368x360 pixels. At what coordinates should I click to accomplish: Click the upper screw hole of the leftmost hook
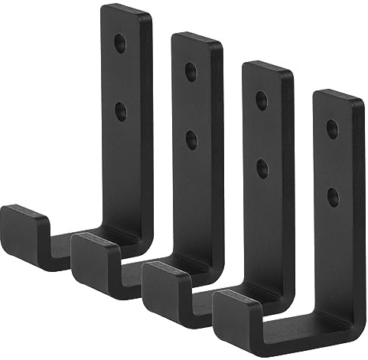(120, 41)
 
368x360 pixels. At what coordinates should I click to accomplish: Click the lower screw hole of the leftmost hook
(120, 111)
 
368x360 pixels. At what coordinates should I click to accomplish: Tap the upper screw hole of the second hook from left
(191, 70)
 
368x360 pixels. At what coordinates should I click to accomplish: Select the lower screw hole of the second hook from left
(191, 139)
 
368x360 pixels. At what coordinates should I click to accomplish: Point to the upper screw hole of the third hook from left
(262, 100)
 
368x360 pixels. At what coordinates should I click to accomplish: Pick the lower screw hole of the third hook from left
(262, 169)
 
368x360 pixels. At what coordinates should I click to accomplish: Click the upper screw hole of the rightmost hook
(333, 128)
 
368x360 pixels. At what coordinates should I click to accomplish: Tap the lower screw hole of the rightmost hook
(333, 197)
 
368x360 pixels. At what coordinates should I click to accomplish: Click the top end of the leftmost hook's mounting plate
(126, 11)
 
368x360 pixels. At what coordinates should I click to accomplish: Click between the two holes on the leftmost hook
(120, 77)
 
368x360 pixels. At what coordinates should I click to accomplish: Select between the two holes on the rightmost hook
(333, 162)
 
